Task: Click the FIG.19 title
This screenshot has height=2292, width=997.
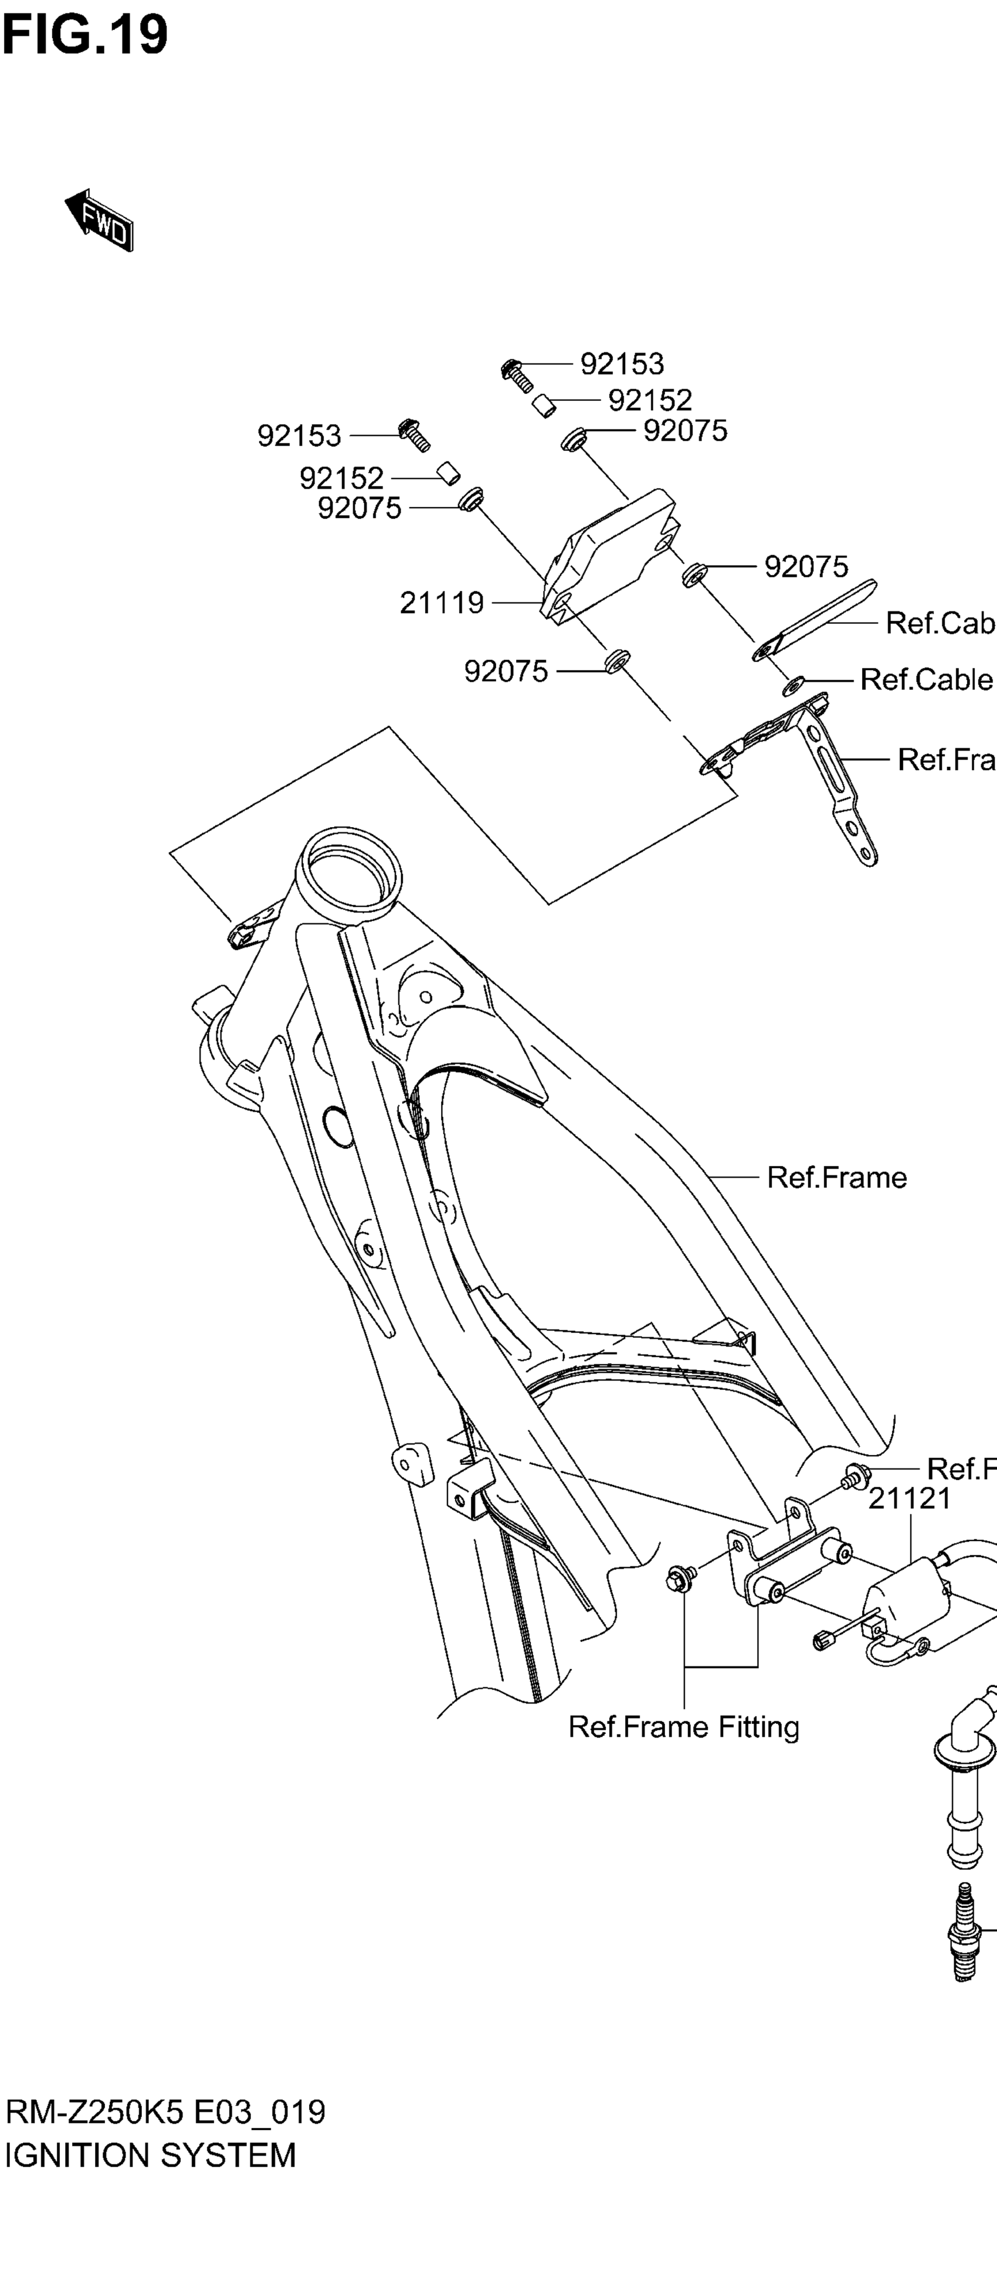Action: (84, 36)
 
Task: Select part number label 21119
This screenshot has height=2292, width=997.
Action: (442, 603)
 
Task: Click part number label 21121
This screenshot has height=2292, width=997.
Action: (909, 1498)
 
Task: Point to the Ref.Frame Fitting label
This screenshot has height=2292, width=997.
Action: (684, 1727)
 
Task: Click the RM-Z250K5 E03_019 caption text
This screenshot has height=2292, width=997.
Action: (165, 2111)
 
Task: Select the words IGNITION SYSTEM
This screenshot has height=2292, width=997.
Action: (151, 2155)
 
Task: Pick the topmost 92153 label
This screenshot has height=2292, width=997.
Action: (622, 364)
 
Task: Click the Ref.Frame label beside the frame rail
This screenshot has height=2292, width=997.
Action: (837, 1177)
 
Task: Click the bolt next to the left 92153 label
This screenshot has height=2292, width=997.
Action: (415, 433)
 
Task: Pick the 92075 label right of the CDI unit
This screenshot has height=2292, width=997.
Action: (806, 567)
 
